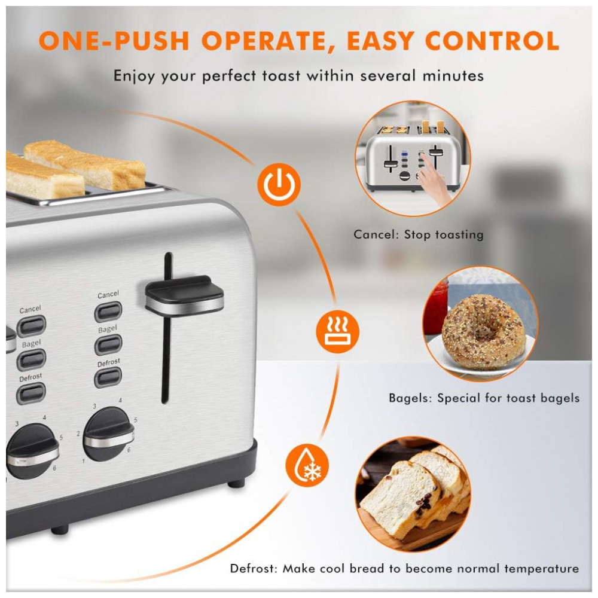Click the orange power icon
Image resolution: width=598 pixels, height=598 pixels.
279,185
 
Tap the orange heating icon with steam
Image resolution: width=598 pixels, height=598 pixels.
337,331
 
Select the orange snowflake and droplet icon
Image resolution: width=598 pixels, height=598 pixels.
307,465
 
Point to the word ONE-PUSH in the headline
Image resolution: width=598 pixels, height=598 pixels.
114,41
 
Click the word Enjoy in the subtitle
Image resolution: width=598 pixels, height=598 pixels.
134,77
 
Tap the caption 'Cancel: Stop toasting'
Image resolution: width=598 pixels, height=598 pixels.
419,234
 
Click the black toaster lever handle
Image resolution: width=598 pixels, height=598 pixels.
184,295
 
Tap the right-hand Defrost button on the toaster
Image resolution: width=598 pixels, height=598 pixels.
108,377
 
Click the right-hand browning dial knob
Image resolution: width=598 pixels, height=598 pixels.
108,434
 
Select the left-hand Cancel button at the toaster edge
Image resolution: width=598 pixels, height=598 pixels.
32,326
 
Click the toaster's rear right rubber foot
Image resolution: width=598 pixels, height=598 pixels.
236,484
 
